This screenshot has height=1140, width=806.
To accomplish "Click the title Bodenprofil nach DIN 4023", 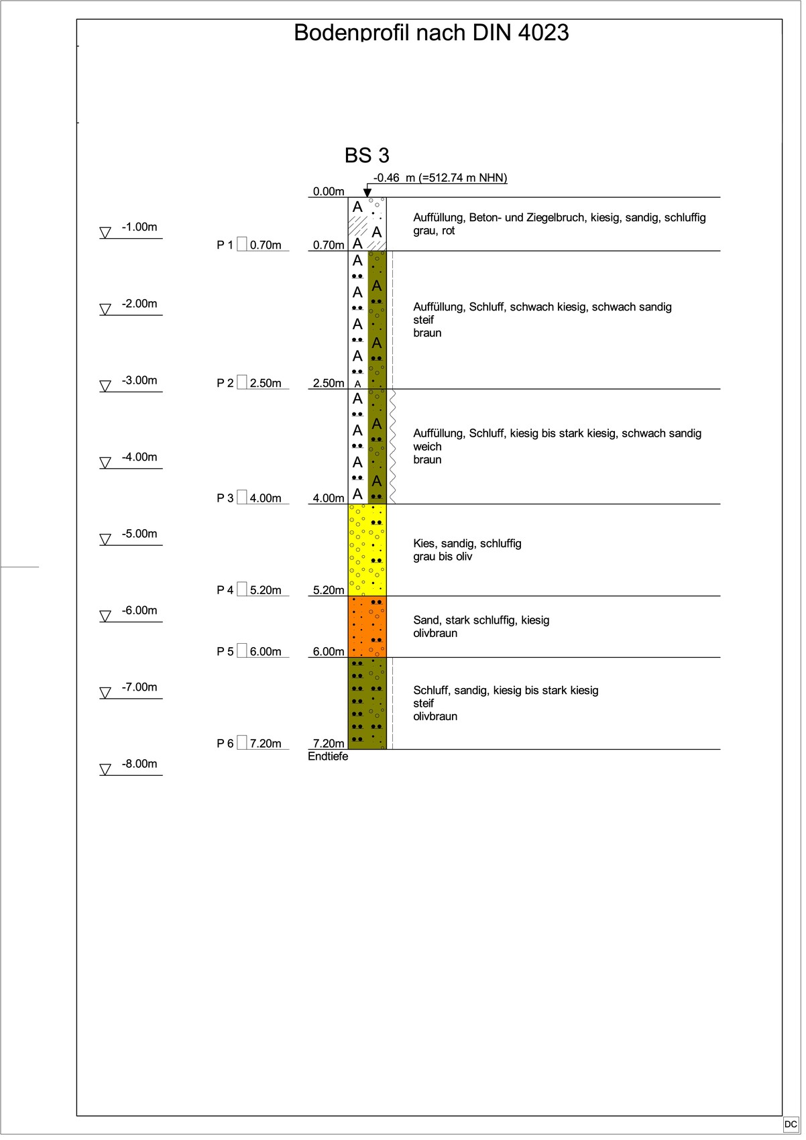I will pyautogui.click(x=431, y=32).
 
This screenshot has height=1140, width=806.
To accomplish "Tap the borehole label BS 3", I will pyautogui.click(x=367, y=156).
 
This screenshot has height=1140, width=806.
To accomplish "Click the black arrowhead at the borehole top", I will pyautogui.click(x=367, y=192).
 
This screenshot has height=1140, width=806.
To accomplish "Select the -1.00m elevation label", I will pyautogui.click(x=139, y=227).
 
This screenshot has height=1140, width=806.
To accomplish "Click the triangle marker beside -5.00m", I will pyautogui.click(x=105, y=539).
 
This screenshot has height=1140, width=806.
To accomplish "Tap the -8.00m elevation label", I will pyautogui.click(x=139, y=764).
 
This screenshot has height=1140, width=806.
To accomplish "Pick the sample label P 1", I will pyautogui.click(x=225, y=245).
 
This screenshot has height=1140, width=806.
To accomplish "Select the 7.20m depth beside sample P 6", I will pyautogui.click(x=266, y=744).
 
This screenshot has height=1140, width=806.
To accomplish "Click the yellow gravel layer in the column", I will pyautogui.click(x=367, y=550).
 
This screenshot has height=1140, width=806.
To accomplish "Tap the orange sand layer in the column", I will pyautogui.click(x=367, y=626).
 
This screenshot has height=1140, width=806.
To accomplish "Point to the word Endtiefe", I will pyautogui.click(x=328, y=756).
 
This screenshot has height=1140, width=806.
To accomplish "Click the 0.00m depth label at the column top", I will pyautogui.click(x=329, y=192).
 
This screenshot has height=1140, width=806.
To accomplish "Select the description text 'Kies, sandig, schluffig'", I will pyautogui.click(x=467, y=544).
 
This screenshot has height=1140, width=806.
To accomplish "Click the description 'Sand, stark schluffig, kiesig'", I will pyautogui.click(x=481, y=620).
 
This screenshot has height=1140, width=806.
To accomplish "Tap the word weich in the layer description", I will pyautogui.click(x=427, y=447).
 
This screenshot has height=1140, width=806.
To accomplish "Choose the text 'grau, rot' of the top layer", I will pyautogui.click(x=434, y=231).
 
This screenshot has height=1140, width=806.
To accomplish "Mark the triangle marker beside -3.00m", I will pyautogui.click(x=105, y=386).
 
